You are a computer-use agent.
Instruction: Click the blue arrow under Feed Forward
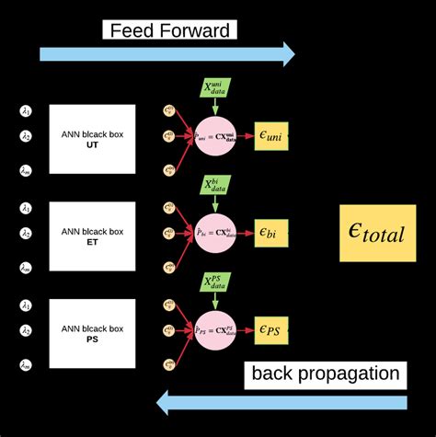point(166,54)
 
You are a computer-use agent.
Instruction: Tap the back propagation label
point(327,374)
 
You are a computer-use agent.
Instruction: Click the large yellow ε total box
point(376,233)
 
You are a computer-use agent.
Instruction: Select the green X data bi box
point(218,187)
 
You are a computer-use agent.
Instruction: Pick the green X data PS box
point(218,282)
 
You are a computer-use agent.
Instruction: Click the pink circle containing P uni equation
point(218,137)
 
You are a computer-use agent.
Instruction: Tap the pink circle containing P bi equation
point(218,234)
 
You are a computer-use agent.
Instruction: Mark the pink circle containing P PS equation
point(218,329)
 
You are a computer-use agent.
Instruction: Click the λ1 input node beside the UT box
point(26,112)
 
